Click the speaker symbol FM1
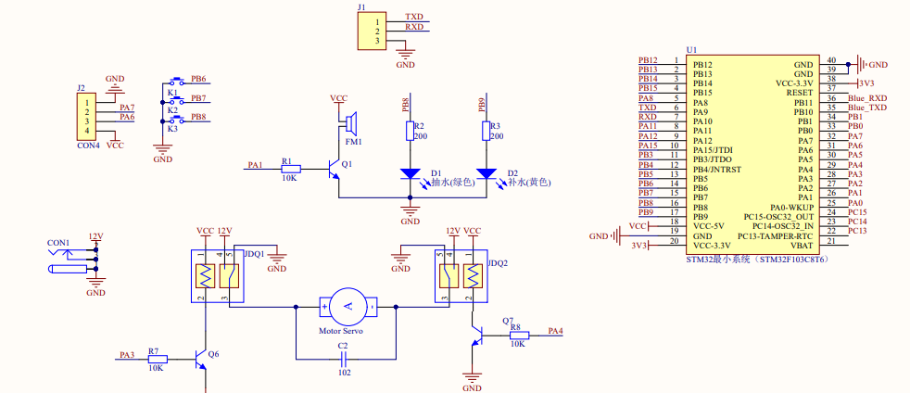(x=349, y=123)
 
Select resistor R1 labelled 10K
(x=291, y=169)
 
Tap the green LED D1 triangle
(x=411, y=173)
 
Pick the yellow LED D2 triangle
(x=486, y=173)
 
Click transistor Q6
(x=200, y=360)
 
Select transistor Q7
(x=478, y=335)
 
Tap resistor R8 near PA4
(x=520, y=335)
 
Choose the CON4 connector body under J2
(x=87, y=117)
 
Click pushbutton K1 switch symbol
(x=176, y=82)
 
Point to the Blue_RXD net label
(x=867, y=98)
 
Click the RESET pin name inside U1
(x=800, y=93)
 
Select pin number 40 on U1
(x=831, y=60)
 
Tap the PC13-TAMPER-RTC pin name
(x=776, y=235)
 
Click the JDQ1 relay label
(x=255, y=254)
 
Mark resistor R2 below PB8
(x=411, y=132)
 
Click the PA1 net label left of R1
(x=255, y=165)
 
